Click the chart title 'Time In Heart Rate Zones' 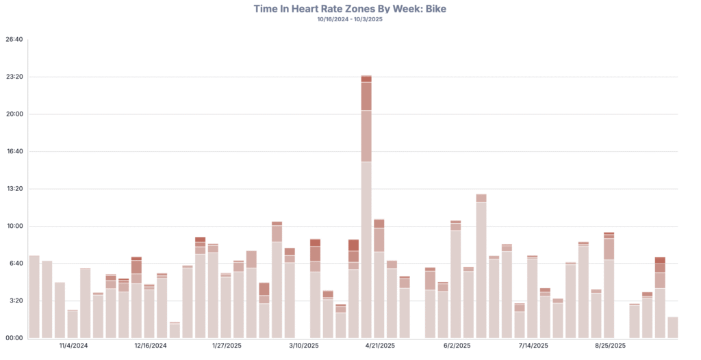coord(350,8)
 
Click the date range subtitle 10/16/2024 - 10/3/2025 coord(350,19)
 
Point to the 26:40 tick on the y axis coord(14,39)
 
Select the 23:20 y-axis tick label coord(14,77)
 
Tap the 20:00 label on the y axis coord(14,114)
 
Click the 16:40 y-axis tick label coord(14,151)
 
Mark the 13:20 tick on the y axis coord(14,189)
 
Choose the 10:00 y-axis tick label coord(14,226)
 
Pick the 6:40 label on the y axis coord(14,263)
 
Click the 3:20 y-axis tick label coord(14,300)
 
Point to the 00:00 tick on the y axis coord(14,338)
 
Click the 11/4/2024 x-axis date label coord(73,346)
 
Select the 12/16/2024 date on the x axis coord(150,346)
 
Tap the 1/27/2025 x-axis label coord(227,346)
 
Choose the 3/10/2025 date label coord(303,346)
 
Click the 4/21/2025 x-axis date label coord(380,346)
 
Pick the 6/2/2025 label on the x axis coord(457,346)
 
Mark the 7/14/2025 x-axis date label coord(533,346)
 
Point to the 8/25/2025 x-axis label coord(610,346)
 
